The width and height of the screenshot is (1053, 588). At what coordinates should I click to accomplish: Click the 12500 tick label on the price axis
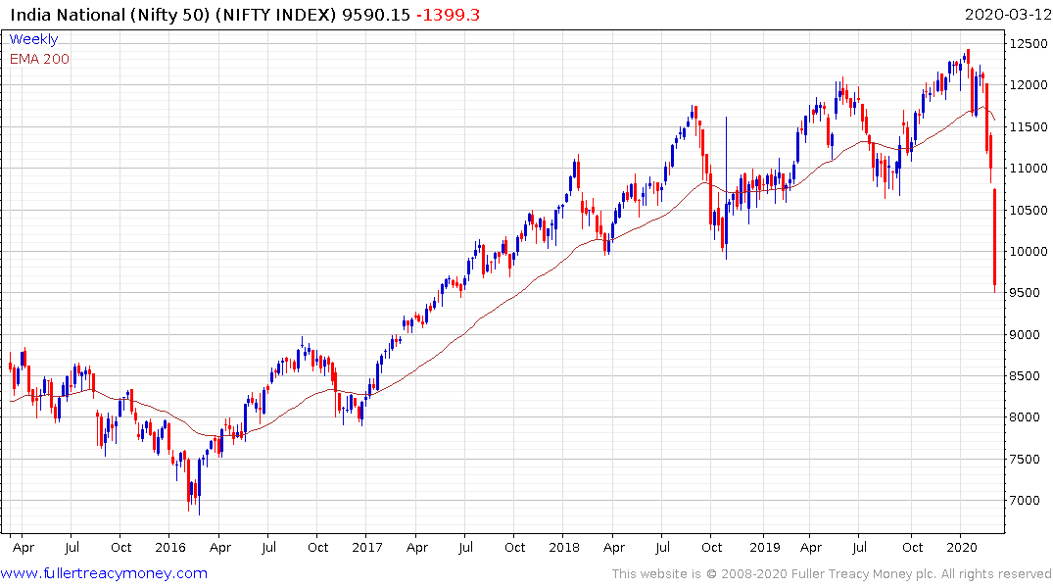click(1027, 44)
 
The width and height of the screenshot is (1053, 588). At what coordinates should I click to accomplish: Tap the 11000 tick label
click(1027, 169)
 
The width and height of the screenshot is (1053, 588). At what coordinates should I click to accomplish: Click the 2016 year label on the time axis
click(170, 548)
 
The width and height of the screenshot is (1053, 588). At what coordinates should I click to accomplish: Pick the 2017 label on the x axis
click(367, 548)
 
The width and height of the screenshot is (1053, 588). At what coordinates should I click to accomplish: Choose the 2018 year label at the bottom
click(565, 548)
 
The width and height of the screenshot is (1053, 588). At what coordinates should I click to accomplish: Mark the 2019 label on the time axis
click(763, 548)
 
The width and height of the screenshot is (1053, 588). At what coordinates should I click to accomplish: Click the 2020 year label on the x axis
click(962, 548)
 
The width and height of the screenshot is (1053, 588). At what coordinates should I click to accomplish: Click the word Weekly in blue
click(33, 39)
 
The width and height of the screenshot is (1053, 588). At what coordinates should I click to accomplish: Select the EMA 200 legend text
click(39, 59)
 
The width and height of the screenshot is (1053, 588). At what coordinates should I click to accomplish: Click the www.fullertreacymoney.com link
click(105, 573)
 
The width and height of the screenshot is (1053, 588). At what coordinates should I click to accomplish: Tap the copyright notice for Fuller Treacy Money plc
click(832, 574)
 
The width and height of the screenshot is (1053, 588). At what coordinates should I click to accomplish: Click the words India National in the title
click(66, 15)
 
